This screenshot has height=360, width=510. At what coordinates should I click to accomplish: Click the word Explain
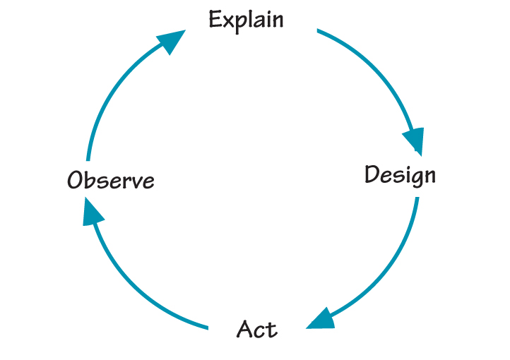[246, 20]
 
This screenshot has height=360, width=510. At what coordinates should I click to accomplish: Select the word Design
[400, 174]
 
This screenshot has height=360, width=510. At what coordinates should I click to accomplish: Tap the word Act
[257, 329]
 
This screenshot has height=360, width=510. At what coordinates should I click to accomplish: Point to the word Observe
[111, 181]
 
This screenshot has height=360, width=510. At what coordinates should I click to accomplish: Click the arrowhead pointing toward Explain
[170, 42]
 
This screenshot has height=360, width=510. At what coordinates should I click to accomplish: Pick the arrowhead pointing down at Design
[413, 140]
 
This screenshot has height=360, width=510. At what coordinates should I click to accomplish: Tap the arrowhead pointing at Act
[321, 318]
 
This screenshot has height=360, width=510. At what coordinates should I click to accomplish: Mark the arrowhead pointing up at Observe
[93, 211]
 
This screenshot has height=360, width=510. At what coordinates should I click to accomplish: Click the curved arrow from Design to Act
[396, 261]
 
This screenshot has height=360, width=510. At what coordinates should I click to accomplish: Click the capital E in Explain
[215, 19]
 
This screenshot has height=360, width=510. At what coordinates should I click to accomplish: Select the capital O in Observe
[76, 181]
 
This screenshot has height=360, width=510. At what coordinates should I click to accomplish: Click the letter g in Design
[412, 178]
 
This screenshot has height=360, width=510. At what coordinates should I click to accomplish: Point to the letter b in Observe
[90, 180]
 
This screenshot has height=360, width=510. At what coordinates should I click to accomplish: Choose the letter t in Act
[272, 329]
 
